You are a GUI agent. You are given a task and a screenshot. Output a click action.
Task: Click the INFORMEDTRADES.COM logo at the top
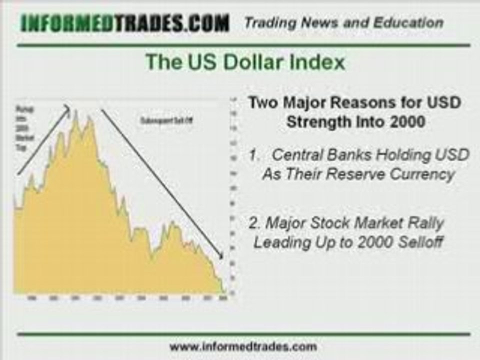tap(125, 22)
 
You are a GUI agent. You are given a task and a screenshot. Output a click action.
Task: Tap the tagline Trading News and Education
tap(343, 22)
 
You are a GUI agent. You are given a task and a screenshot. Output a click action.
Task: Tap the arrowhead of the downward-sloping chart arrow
tap(221, 258)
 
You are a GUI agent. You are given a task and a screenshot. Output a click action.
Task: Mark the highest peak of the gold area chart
tap(76, 112)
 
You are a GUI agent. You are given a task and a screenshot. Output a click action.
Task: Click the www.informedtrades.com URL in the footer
tap(243, 346)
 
